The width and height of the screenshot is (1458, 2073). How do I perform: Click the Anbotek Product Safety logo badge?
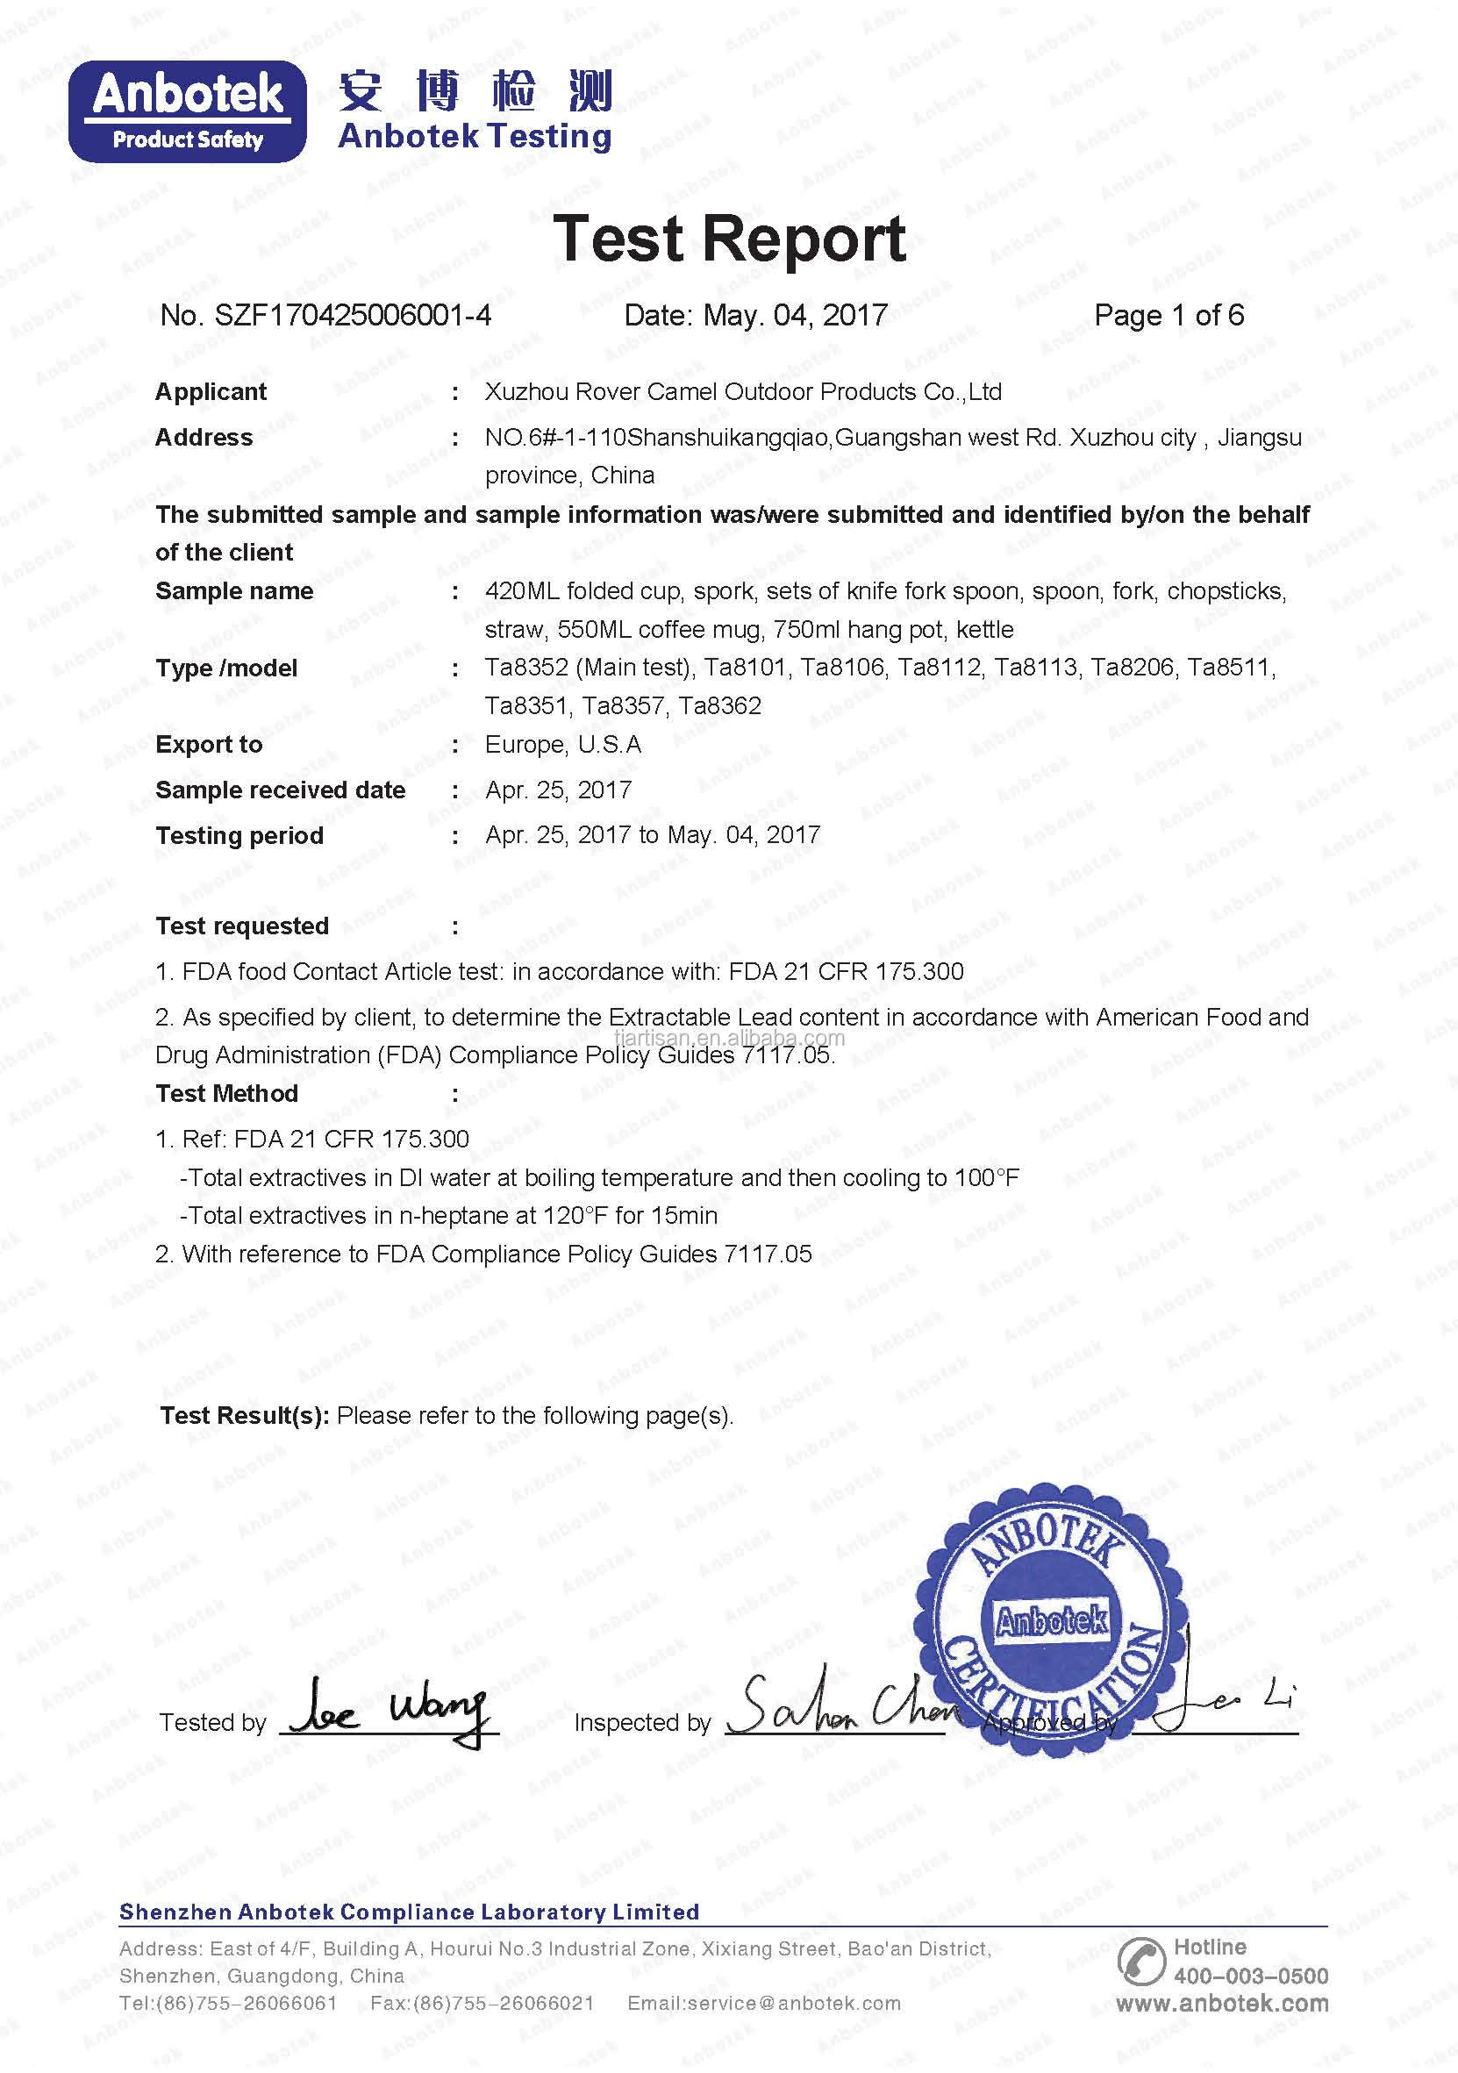[x=188, y=111]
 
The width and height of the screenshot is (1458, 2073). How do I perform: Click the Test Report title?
[x=728, y=239]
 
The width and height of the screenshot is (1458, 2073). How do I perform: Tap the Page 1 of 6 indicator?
[x=1169, y=315]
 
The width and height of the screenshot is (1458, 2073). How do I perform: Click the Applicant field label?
[x=211, y=392]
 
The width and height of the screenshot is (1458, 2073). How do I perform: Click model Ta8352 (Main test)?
[x=589, y=668]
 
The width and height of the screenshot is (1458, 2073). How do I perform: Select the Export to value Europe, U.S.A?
[x=563, y=744]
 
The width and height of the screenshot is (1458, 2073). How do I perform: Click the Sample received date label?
[x=280, y=790]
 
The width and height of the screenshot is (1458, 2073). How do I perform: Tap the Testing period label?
[x=239, y=835]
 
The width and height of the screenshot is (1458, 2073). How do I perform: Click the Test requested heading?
[x=242, y=926]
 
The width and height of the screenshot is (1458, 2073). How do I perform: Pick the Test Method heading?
[x=226, y=1093]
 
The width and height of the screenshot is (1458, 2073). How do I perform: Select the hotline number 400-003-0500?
[x=1250, y=1976]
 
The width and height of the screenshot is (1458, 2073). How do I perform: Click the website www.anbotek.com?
[x=1221, y=2004]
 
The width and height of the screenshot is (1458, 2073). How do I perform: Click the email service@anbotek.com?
[x=764, y=2004]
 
